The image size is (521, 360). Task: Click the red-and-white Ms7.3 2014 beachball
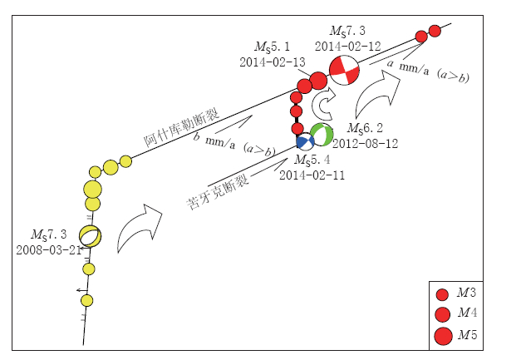tap(343, 72)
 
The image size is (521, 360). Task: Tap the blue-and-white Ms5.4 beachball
tap(305, 142)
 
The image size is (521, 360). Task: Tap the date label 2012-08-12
tap(365, 142)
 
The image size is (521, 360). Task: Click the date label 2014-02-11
tap(312, 175)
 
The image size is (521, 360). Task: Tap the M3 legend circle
tap(443, 294)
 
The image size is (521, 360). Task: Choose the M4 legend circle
tap(443, 313)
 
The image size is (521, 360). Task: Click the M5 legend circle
tap(443, 335)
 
